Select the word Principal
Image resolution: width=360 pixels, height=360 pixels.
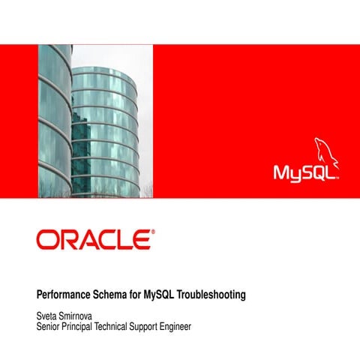(x=84, y=327)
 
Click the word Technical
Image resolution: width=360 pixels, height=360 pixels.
(x=124, y=327)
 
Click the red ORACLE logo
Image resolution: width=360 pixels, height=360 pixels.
(x=94, y=240)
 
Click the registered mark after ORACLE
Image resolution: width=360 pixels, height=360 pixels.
(x=153, y=232)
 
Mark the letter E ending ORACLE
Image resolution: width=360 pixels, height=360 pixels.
(x=141, y=240)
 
